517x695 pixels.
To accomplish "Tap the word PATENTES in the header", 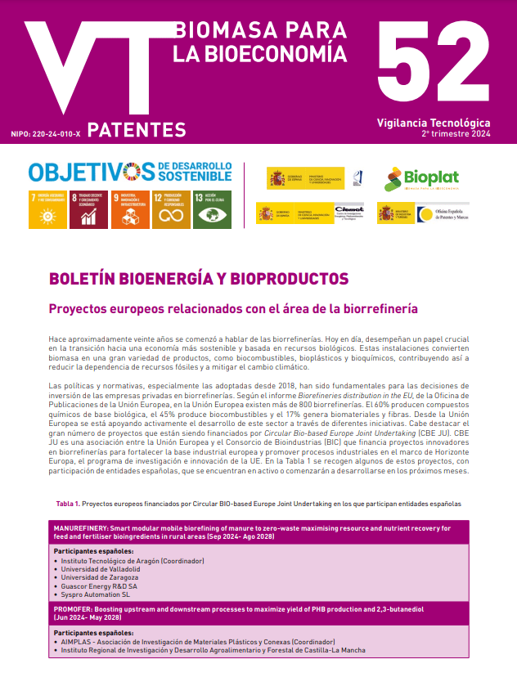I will click(x=137, y=129).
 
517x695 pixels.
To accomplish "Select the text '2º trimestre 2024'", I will click(x=456, y=133).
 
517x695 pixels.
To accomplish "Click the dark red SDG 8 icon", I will click(x=88, y=209).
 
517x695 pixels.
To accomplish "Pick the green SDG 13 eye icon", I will click(x=212, y=209).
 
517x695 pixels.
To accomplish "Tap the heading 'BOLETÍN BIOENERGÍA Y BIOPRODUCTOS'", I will click(x=199, y=278).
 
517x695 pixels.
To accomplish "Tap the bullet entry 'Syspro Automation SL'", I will click(x=97, y=594).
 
